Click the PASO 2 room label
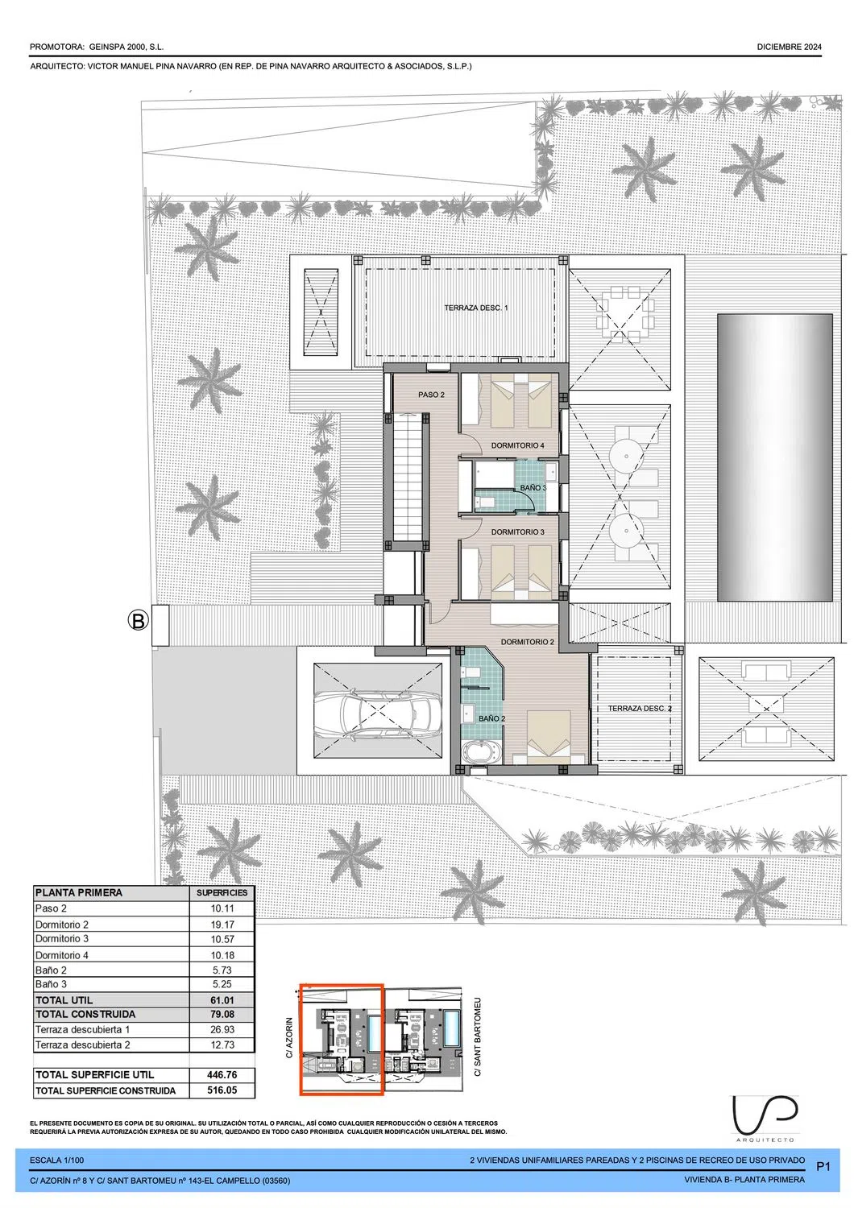431,395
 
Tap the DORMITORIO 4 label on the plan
517,445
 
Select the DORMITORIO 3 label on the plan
517,532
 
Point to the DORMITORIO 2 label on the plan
527,642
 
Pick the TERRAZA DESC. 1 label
475,308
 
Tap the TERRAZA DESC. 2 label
639,709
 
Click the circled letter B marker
138,620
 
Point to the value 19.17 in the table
222,925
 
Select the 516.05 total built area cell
222,1090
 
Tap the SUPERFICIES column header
222,893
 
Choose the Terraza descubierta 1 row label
82,1029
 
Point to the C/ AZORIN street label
289,1037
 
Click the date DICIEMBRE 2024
790,47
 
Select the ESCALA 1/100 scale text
56,1160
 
